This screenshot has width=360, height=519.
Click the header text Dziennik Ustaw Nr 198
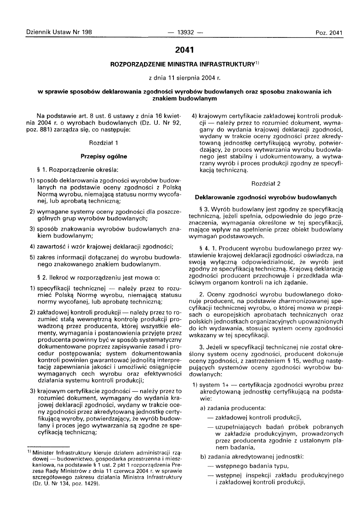point(59,32)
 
